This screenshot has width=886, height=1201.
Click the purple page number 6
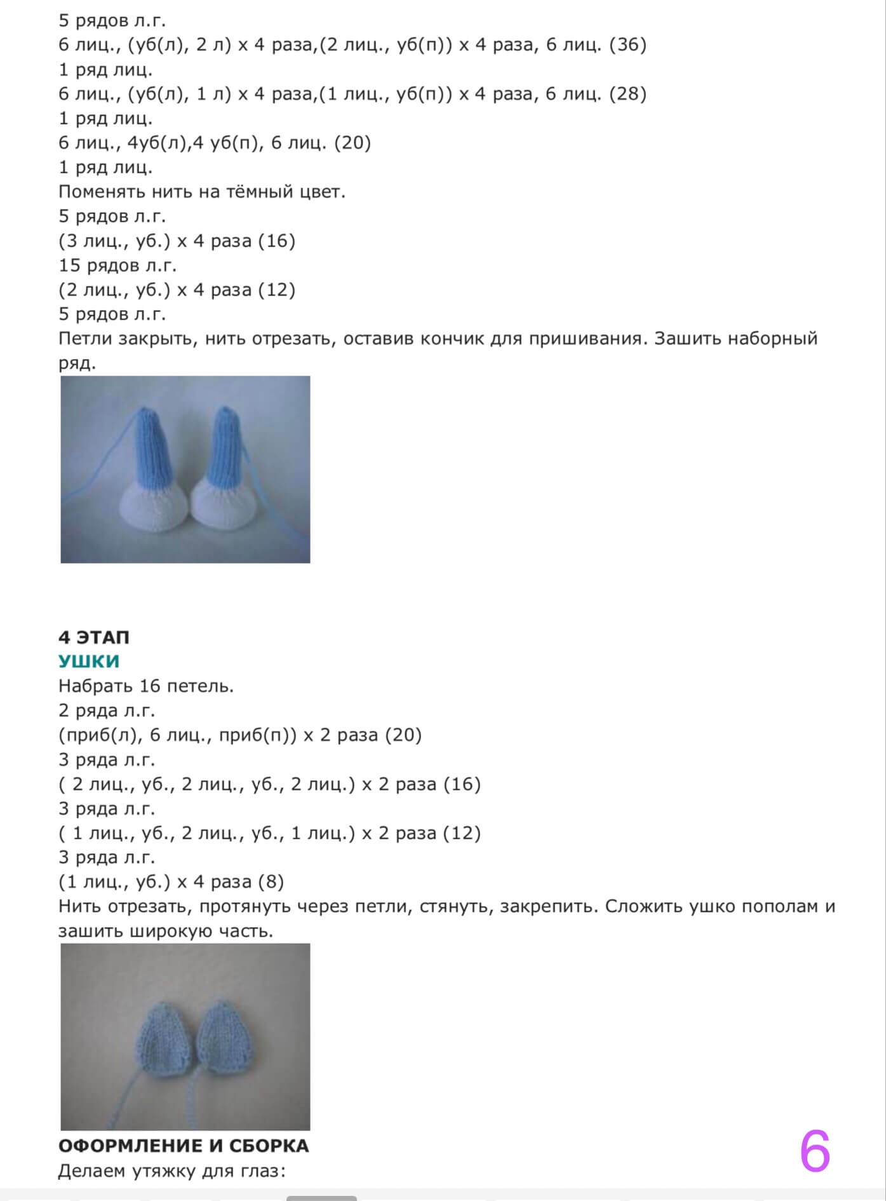(x=815, y=1152)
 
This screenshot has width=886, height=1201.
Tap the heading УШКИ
(x=89, y=662)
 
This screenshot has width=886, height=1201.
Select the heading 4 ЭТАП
(x=94, y=637)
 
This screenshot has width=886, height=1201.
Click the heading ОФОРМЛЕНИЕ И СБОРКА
(x=184, y=1146)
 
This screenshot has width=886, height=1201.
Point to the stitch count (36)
(x=628, y=45)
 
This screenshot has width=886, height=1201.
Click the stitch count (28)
(x=628, y=94)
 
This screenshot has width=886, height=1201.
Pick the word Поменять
(x=102, y=191)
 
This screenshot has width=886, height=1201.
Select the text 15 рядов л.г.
(x=117, y=265)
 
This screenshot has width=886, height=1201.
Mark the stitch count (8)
(x=271, y=882)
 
